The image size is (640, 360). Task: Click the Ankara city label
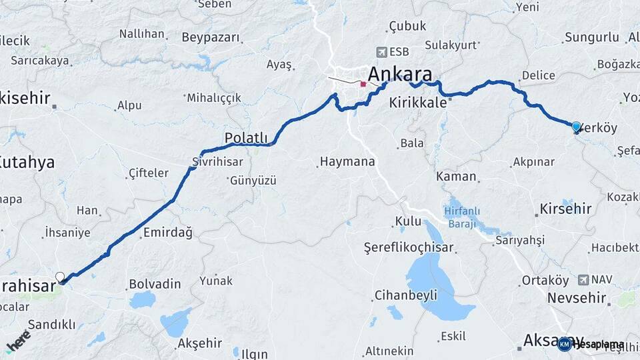click(400, 73)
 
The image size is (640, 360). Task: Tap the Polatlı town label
click(245, 137)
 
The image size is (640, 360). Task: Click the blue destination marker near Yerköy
click(576, 126)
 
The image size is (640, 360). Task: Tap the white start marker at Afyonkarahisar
click(60, 277)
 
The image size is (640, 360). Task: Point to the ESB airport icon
click(381, 51)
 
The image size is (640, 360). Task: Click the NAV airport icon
click(585, 279)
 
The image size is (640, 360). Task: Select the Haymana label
click(347, 161)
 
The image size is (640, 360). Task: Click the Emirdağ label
click(167, 233)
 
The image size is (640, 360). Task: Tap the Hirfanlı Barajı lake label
click(469, 218)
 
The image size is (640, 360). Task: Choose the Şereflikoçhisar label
click(408, 247)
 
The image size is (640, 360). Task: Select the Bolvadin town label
click(155, 284)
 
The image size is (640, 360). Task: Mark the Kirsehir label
click(563, 209)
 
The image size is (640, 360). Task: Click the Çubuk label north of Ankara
click(407, 26)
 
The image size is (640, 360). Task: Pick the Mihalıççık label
click(213, 98)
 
